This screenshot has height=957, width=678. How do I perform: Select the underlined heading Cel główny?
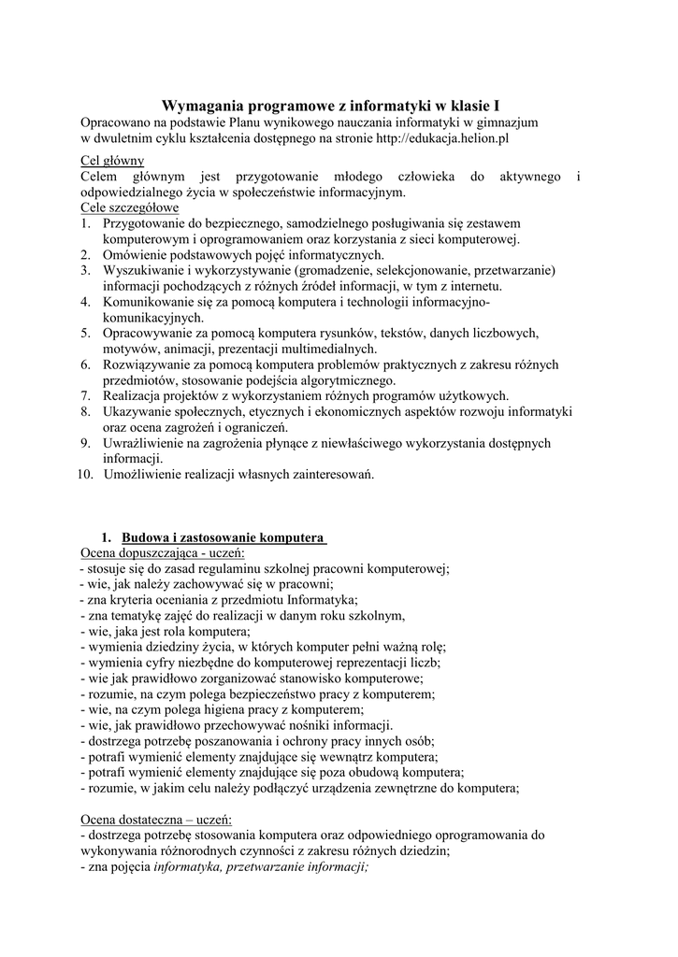coord(112,161)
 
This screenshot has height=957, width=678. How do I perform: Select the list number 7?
coord(85,395)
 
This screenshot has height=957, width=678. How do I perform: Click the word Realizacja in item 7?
coord(133,395)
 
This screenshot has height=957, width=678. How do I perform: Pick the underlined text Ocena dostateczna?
coord(133,819)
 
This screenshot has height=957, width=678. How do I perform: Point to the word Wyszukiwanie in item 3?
coord(142,270)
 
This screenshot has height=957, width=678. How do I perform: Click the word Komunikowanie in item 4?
coord(150,302)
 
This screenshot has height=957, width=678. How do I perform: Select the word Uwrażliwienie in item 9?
coord(144,443)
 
